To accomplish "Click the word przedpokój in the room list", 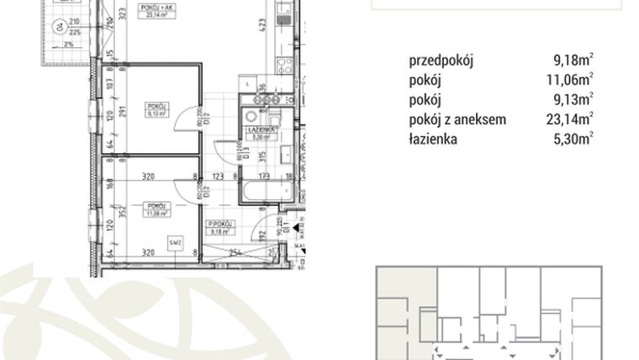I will click(442, 61).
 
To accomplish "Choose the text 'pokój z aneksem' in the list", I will click(457, 119).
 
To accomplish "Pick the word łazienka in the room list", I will click(433, 139).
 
